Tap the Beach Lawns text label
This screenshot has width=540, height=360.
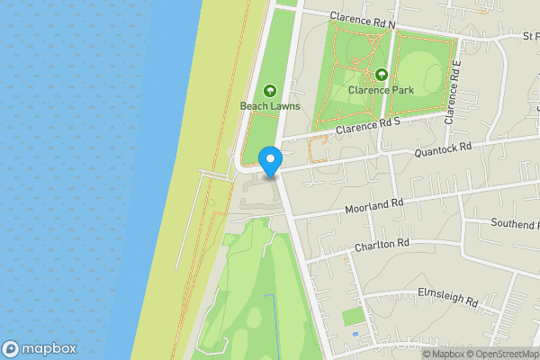(x=269, y=106)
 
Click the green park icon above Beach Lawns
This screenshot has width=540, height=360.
(x=269, y=90)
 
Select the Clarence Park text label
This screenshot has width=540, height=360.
(x=382, y=89)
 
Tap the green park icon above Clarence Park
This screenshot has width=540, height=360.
(x=382, y=75)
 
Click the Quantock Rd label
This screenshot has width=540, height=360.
(x=443, y=151)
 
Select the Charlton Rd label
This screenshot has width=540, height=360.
(x=382, y=244)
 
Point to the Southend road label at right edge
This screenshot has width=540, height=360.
(x=514, y=222)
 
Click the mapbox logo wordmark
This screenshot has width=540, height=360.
(x=39, y=348)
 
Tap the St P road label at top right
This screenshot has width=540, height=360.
(x=531, y=37)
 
